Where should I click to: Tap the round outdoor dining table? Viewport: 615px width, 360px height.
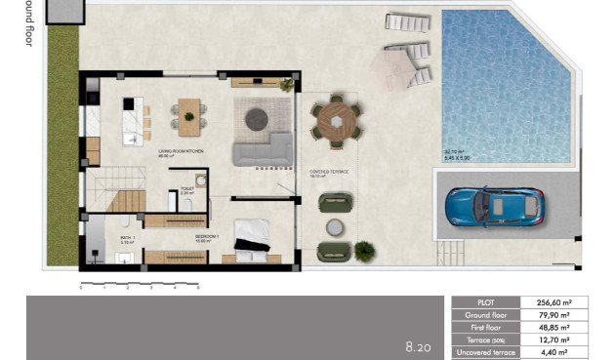pos(337,122)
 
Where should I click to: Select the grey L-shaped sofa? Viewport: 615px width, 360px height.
pos(263,149)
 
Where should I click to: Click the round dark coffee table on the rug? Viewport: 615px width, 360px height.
pos(258,118)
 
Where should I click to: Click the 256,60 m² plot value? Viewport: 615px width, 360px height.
pos(553,302)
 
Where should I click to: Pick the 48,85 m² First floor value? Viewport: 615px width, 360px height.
pos(553,328)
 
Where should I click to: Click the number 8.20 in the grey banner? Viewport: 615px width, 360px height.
pos(418,346)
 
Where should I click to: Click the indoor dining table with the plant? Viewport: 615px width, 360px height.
pos(188,112)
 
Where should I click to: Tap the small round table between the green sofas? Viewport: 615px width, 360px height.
pos(335,226)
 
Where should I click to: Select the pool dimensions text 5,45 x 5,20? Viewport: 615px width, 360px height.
pos(458,157)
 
